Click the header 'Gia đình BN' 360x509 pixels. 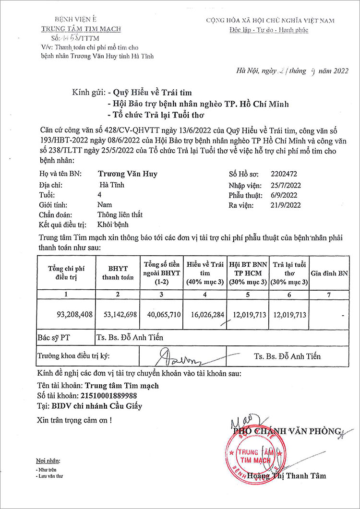click(330, 273)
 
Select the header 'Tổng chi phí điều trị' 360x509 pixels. click(66, 273)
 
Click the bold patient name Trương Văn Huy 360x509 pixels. click(127, 174)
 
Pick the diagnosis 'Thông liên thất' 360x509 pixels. click(120, 214)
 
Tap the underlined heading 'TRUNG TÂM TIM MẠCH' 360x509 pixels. click(81, 29)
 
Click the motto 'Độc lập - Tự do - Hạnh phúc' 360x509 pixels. click(270, 30)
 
